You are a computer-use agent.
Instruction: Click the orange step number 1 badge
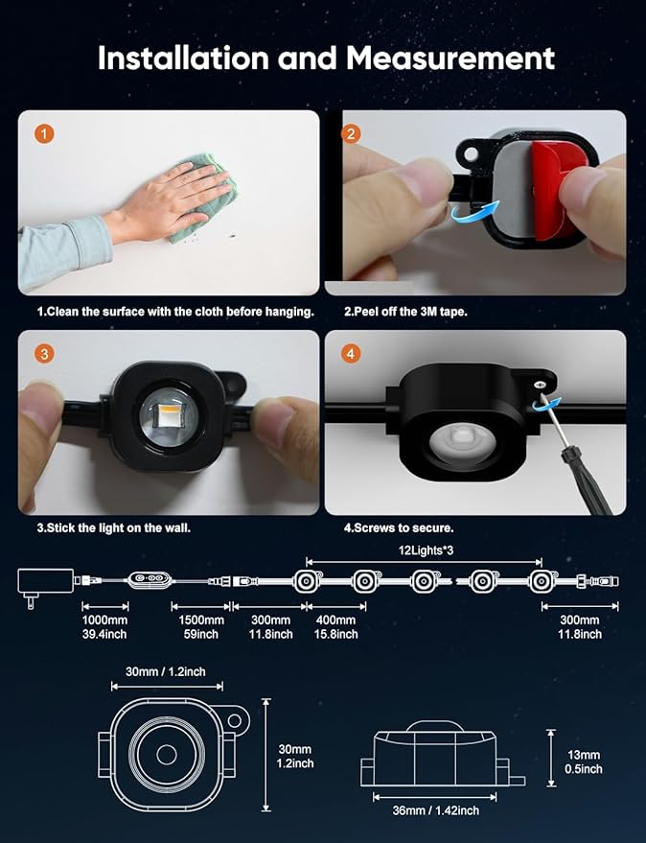[44, 134]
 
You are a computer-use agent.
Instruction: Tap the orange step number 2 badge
[351, 134]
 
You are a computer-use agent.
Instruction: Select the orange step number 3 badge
[44, 354]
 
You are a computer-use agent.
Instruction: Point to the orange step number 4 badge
[351, 354]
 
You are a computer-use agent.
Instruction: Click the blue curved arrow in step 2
[475, 211]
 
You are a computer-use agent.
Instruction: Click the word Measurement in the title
[450, 59]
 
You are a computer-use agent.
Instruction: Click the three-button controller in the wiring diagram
[150, 579]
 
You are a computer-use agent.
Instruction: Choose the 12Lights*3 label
[427, 550]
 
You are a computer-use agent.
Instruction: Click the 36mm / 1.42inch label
[435, 810]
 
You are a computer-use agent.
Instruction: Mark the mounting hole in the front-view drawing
[235, 720]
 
